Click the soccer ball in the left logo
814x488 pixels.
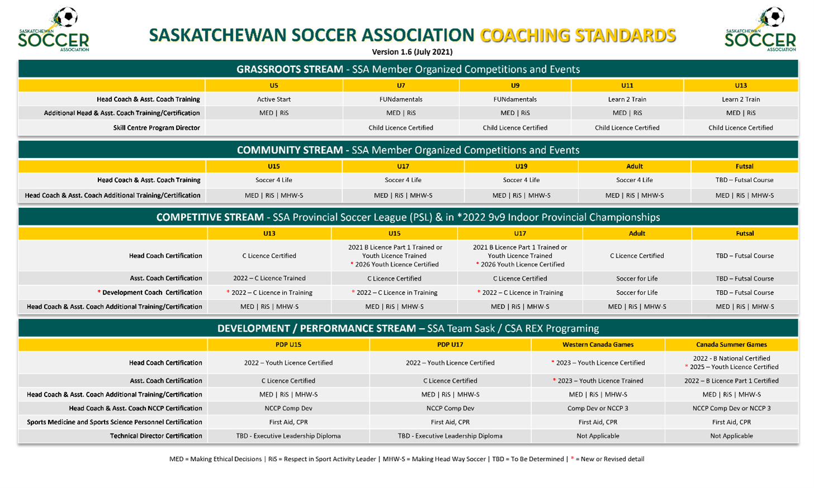click(68, 17)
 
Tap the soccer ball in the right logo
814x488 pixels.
click(774, 17)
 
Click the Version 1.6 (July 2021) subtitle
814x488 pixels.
click(412, 52)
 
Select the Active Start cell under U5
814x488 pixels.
click(274, 99)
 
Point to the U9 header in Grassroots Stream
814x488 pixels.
click(515, 85)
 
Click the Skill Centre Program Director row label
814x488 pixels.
click(156, 128)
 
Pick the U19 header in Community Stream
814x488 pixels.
click(521, 166)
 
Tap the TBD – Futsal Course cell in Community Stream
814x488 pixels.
click(744, 180)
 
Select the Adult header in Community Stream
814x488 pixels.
click(635, 166)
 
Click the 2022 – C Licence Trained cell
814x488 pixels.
click(269, 278)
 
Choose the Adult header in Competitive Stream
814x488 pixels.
click(637, 233)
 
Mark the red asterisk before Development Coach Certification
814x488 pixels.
click(99, 292)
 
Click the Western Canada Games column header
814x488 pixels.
click(598, 345)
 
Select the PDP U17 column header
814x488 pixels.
click(450, 345)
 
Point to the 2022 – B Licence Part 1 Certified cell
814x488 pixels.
click(731, 381)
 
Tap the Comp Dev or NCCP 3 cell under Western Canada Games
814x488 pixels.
click(598, 408)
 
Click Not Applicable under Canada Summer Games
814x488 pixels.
click(731, 436)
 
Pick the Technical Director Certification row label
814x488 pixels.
click(156, 436)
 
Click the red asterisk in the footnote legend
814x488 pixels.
click(573, 458)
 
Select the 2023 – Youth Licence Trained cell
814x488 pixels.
click(598, 381)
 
